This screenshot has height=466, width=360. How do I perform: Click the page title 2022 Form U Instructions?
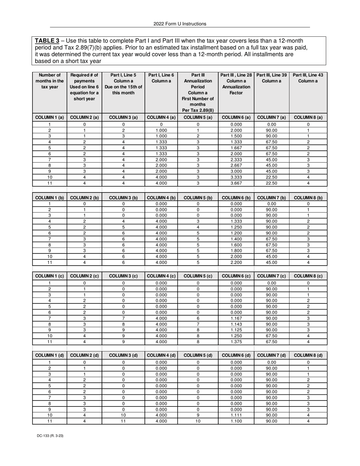[x=180, y=24]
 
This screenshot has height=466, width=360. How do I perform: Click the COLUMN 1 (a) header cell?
[x=49, y=117]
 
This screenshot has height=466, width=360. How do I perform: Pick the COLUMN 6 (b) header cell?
[x=236, y=198]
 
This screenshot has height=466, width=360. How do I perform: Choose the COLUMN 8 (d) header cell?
[x=308, y=355]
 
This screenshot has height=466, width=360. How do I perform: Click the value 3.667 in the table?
[x=236, y=183]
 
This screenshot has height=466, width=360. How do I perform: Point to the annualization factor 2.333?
[x=236, y=160]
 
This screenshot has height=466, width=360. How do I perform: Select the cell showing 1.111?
[x=236, y=415]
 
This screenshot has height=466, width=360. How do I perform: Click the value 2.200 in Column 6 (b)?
[x=236, y=262]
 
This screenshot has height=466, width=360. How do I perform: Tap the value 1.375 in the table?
[x=236, y=342]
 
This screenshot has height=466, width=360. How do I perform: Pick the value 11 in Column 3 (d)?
[x=123, y=421]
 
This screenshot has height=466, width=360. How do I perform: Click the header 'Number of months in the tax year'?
[x=49, y=81]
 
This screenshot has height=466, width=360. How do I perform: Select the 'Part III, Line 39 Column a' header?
[x=271, y=78]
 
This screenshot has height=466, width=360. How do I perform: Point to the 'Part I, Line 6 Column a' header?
[x=161, y=78]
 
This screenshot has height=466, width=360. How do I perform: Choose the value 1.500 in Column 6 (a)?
[x=236, y=136]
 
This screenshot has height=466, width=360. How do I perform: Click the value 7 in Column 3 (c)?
[x=123, y=319]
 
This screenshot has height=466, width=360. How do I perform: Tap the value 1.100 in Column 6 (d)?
[x=236, y=421]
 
